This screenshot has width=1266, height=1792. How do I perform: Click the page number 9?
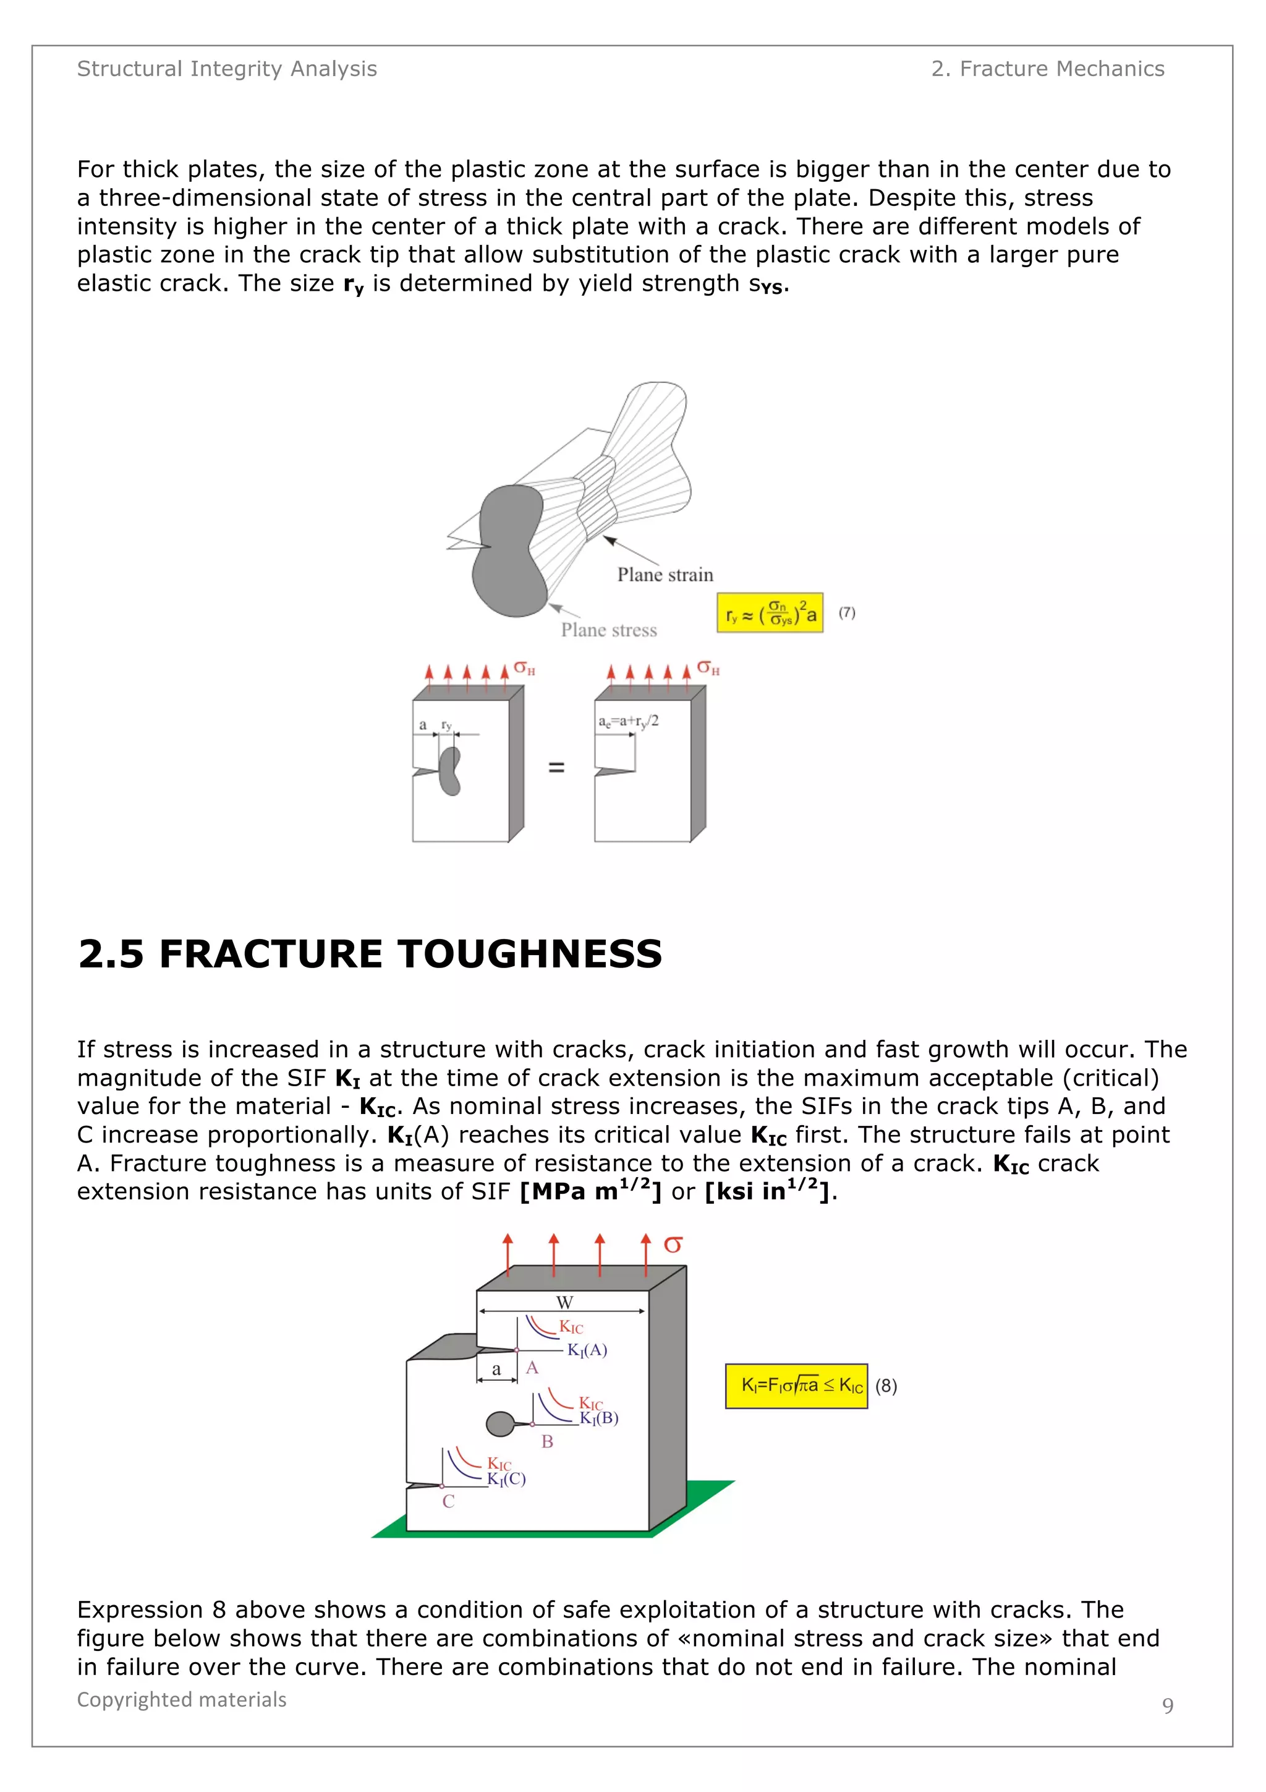click(1167, 1705)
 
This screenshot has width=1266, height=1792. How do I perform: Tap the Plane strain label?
click(665, 575)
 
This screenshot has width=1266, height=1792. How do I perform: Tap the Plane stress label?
click(608, 630)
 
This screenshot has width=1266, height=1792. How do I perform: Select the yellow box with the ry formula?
click(769, 612)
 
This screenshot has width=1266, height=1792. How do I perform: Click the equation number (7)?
click(846, 612)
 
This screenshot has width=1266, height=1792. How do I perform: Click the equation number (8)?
click(885, 1386)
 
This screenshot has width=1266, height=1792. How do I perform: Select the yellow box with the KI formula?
click(796, 1386)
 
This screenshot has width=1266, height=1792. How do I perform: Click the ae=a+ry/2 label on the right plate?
click(628, 721)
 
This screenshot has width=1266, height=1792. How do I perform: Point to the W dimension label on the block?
click(564, 1302)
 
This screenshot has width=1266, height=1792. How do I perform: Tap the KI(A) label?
click(587, 1350)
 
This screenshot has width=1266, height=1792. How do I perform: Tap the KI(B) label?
click(598, 1418)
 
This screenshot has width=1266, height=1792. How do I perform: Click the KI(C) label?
click(506, 1479)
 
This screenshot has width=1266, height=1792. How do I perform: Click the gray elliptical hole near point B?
click(499, 1423)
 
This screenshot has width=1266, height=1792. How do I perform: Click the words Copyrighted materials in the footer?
click(181, 1699)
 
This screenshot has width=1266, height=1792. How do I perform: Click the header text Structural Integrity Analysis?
click(226, 69)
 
